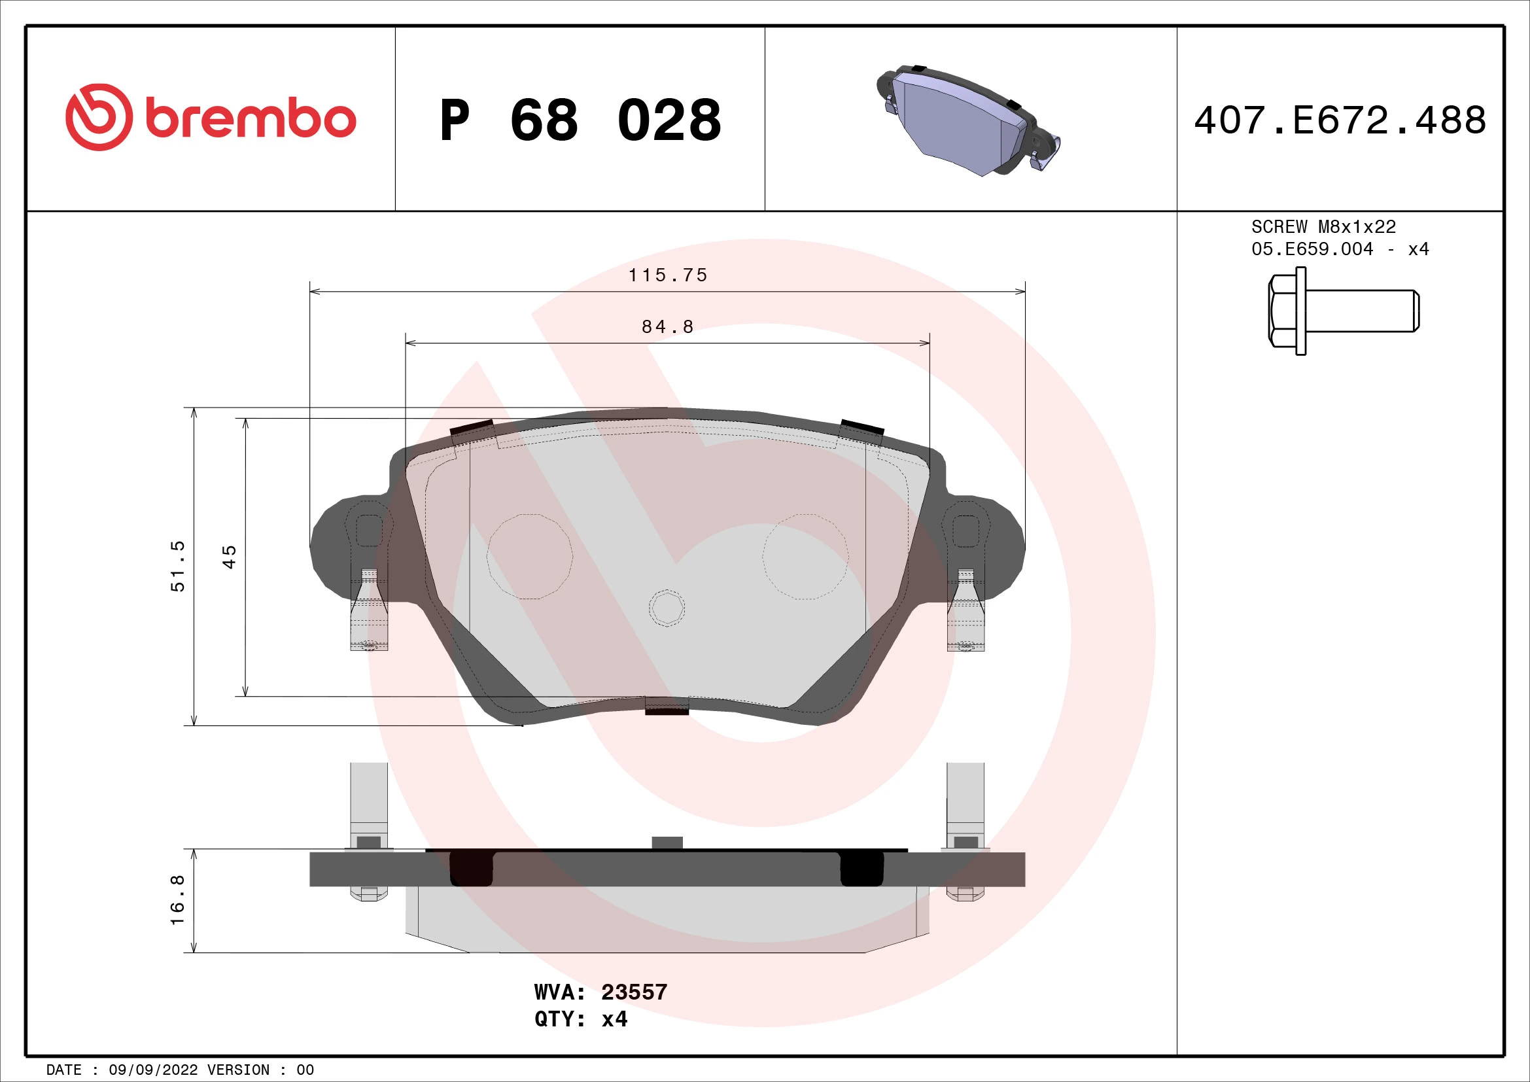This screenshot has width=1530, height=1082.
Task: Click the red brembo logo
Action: [x=211, y=117]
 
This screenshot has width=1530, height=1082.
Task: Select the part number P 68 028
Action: [x=580, y=120]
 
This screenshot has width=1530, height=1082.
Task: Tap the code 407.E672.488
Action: [x=1340, y=120]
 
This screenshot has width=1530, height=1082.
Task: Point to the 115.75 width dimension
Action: [x=667, y=275]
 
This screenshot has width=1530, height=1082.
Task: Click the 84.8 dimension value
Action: [x=667, y=327]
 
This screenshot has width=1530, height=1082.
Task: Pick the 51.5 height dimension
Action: [x=178, y=566]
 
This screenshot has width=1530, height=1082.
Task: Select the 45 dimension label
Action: [x=228, y=556]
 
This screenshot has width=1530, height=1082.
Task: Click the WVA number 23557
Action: [x=634, y=992]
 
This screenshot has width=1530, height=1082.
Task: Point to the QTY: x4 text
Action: [x=580, y=1019]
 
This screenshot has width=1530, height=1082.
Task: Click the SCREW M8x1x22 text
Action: [x=1323, y=227]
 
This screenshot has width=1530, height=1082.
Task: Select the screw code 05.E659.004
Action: [x=1312, y=249]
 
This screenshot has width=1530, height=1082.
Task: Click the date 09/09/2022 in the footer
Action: [x=152, y=1070]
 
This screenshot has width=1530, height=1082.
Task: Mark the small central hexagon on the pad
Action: [x=667, y=608]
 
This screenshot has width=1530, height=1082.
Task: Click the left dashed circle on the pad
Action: [x=529, y=556]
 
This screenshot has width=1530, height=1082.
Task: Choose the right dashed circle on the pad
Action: [x=806, y=556]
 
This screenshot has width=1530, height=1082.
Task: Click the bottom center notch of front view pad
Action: [x=667, y=706]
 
